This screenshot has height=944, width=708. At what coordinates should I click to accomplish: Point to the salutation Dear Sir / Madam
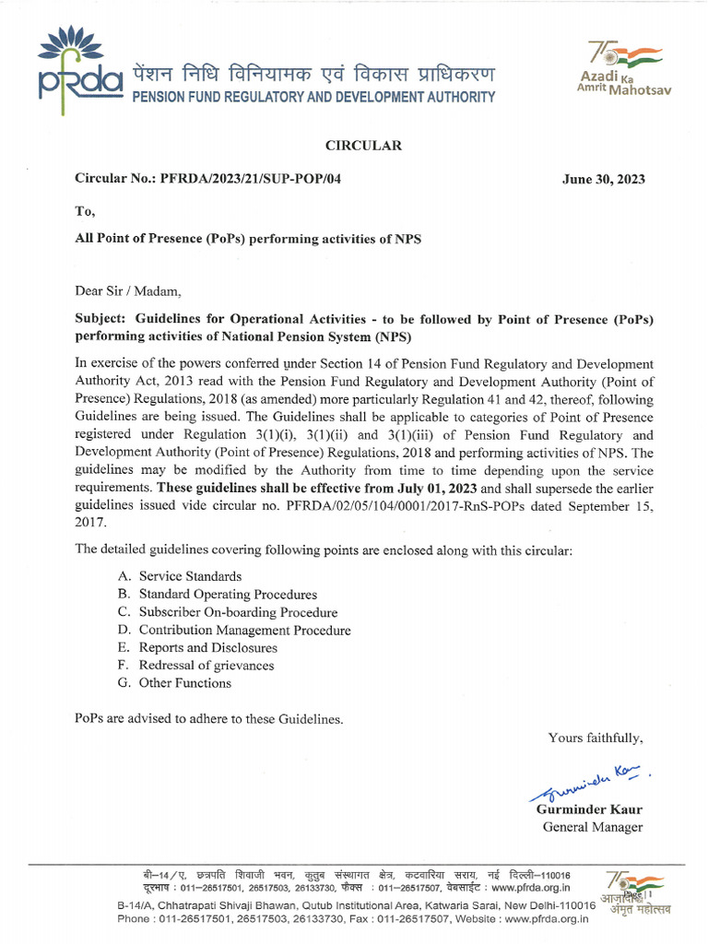click(x=128, y=293)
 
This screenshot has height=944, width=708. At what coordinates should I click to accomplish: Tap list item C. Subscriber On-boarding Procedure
click(x=227, y=612)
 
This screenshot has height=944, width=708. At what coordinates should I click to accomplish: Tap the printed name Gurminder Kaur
click(x=589, y=809)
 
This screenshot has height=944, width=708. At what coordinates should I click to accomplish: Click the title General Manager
click(x=592, y=827)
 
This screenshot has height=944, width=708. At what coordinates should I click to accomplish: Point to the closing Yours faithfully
click(x=596, y=737)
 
